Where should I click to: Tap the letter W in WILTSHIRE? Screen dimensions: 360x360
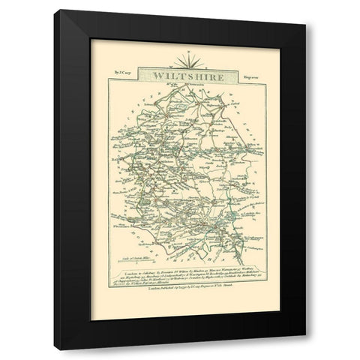158,74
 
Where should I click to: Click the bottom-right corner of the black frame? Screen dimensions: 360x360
307,346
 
